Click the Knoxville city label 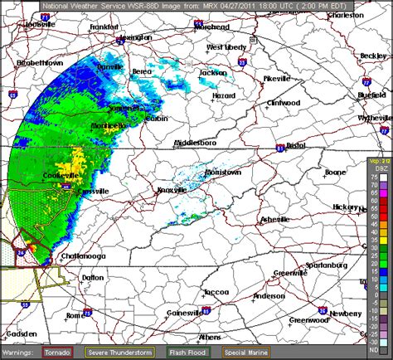point(172,190)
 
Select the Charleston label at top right point(346,15)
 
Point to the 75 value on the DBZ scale point(374,176)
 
